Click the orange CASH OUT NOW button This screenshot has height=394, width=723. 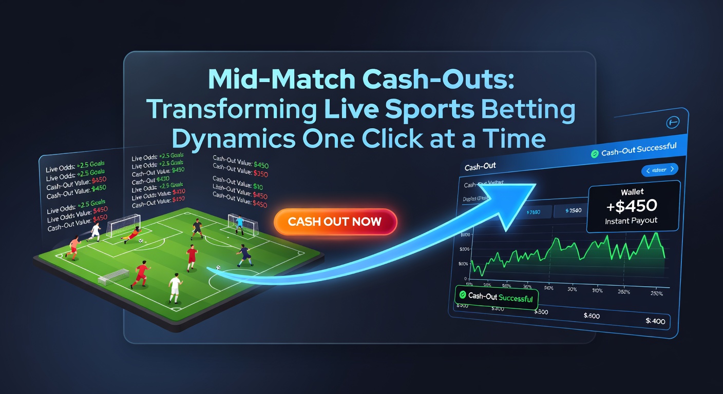(x=335, y=222)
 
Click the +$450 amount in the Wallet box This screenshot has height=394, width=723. (x=631, y=206)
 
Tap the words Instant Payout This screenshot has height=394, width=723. (x=632, y=221)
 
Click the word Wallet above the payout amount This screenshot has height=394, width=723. (x=632, y=192)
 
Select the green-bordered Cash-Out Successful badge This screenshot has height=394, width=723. (x=496, y=297)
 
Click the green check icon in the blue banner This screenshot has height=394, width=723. (x=595, y=153)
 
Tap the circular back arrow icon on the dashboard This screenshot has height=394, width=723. (x=672, y=122)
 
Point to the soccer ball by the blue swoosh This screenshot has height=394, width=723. (x=218, y=267)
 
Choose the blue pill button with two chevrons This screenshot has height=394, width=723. (x=660, y=169)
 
